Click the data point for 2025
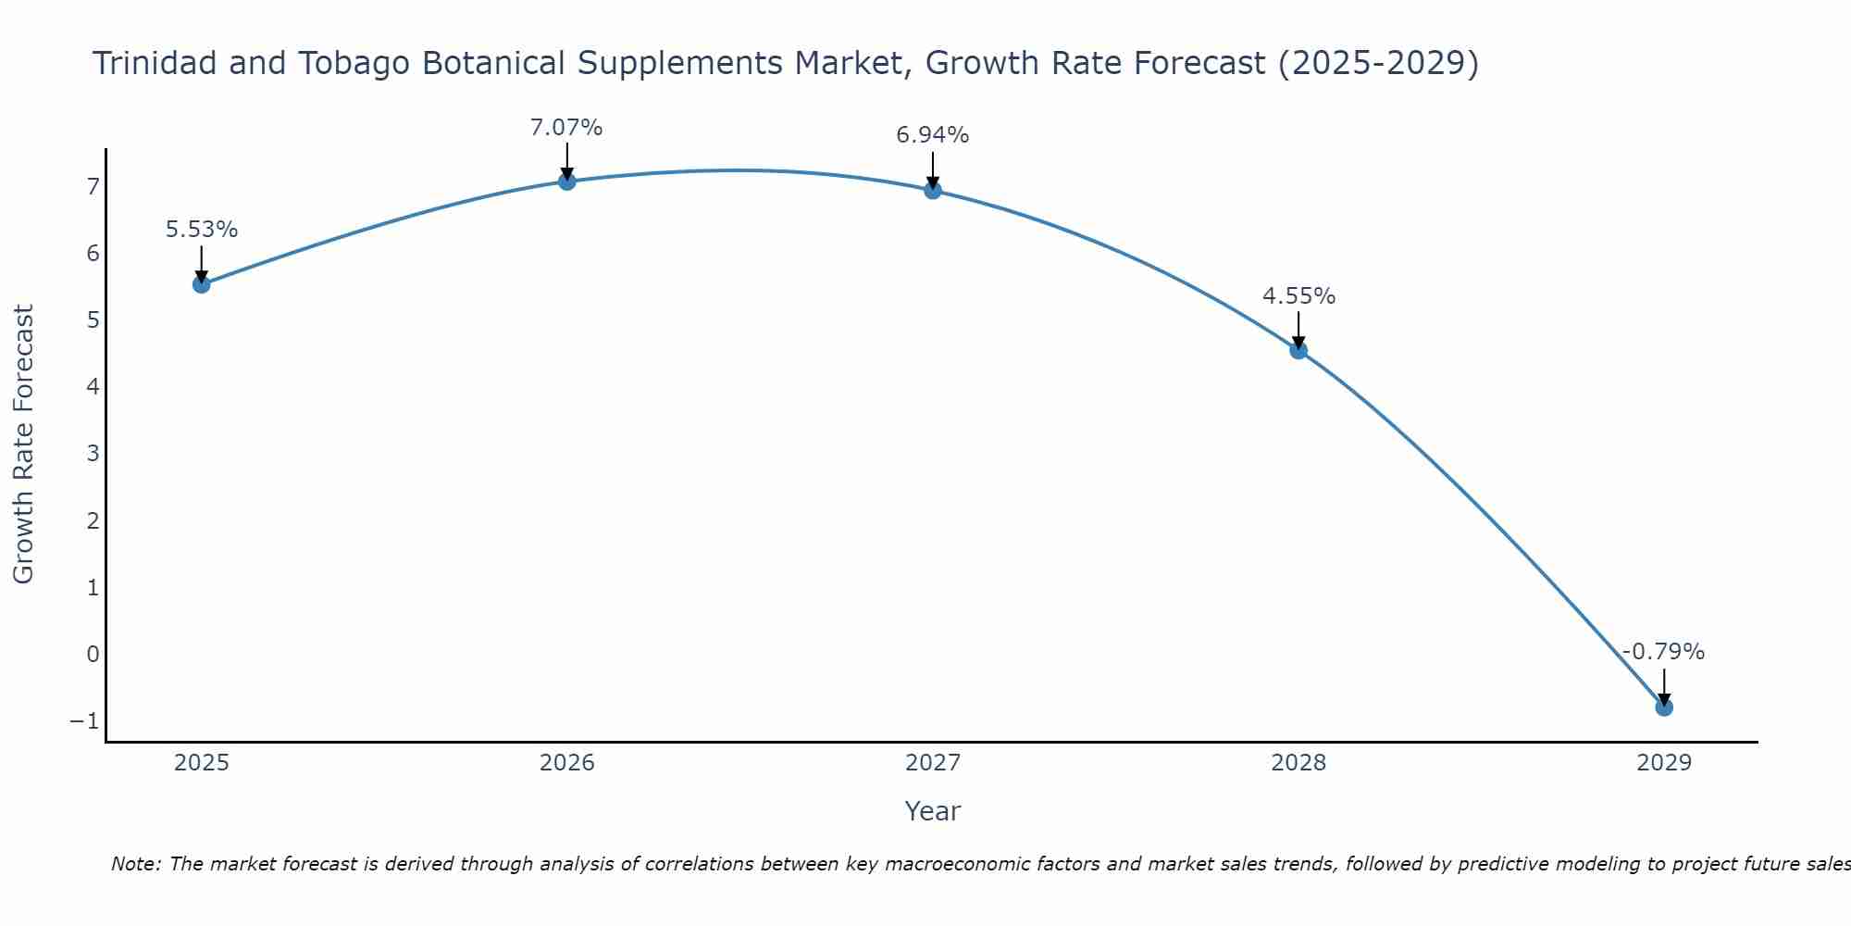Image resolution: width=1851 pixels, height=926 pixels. point(201,284)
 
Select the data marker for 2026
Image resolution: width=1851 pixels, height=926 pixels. point(567,181)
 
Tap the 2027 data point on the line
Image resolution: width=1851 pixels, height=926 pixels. point(933,191)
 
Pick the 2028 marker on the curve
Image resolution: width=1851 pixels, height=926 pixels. point(1298,350)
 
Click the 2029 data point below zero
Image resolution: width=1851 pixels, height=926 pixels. point(1664,707)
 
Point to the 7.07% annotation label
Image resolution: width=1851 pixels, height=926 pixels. point(566,128)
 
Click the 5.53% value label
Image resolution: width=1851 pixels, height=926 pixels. point(202,230)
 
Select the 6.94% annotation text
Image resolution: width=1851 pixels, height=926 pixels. point(933,135)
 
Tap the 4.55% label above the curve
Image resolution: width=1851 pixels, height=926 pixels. point(1298,296)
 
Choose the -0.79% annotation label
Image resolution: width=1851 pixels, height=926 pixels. point(1663,652)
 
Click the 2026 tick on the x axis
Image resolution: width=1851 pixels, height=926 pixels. point(567,763)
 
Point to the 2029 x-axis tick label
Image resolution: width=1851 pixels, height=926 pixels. point(1664,763)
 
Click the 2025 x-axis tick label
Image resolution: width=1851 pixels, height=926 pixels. point(202,763)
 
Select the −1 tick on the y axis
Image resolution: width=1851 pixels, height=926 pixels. point(84,720)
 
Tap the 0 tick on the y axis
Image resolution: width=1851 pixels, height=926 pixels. point(93,654)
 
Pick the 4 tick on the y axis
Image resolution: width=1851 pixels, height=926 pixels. point(93,387)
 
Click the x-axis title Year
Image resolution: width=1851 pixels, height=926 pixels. point(932,811)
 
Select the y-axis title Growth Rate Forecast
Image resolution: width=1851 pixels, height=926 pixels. point(23,444)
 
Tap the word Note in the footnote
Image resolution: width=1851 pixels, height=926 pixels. point(135,864)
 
